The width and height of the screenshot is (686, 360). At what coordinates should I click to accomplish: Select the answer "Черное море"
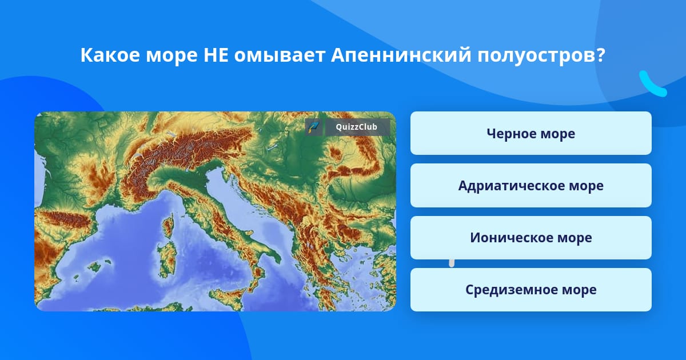coord(531,133)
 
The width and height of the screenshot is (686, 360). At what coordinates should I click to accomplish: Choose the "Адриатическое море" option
coord(531,186)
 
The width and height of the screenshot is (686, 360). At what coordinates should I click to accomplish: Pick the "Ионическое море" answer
coord(531,238)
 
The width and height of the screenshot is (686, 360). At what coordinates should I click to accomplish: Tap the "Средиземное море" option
coord(531,290)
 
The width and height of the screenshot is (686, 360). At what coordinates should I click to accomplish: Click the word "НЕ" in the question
coord(216,55)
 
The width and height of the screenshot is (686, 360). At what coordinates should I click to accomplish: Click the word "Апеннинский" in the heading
coord(401,55)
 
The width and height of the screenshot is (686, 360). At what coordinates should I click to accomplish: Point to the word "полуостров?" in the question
coord(541,56)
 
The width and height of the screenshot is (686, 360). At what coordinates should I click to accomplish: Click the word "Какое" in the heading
coord(110,55)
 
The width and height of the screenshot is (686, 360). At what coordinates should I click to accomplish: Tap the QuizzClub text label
coord(356,127)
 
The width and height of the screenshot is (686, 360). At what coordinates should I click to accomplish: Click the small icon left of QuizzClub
coord(313,127)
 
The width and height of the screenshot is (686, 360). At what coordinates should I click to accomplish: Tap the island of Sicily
coord(228,296)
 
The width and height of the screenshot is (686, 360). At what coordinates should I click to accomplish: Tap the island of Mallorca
coord(95,266)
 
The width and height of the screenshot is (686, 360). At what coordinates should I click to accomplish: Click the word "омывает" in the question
coord(280,56)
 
